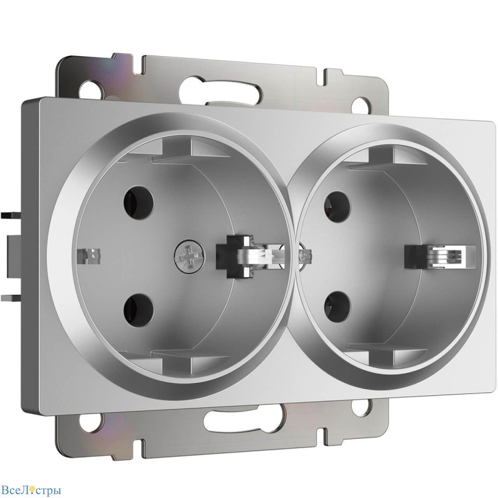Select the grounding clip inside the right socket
pyautogui.click(x=435, y=257)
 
